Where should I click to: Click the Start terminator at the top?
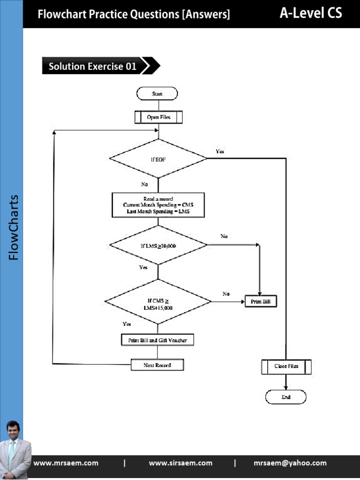[x=157, y=94]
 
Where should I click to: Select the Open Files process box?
[x=158, y=117]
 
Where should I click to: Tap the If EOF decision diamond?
[x=158, y=159]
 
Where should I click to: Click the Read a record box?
[x=158, y=205]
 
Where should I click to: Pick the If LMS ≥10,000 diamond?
[x=158, y=245]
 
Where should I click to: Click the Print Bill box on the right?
[x=261, y=301]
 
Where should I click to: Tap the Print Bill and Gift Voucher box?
[x=157, y=340]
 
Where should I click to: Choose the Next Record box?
[x=157, y=365]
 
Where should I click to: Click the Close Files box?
[x=286, y=366]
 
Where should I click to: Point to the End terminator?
[x=286, y=397]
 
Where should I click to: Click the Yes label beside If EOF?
[x=220, y=151]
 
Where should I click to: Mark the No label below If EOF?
[x=144, y=184]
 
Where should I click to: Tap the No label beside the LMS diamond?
[x=224, y=237]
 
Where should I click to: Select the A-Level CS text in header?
[x=311, y=13]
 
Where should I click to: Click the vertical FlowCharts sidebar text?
[x=13, y=227]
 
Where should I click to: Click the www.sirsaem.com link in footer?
[x=180, y=463]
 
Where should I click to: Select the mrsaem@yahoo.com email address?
[x=290, y=463]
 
